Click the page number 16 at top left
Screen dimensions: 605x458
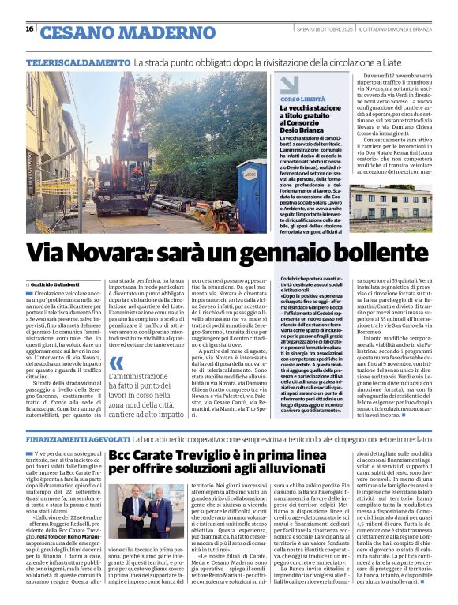pyautogui.click(x=29, y=29)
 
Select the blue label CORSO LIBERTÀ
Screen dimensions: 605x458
pyautogui.click(x=303, y=100)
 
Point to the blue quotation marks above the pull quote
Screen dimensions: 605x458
pyautogui.click(x=118, y=363)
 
